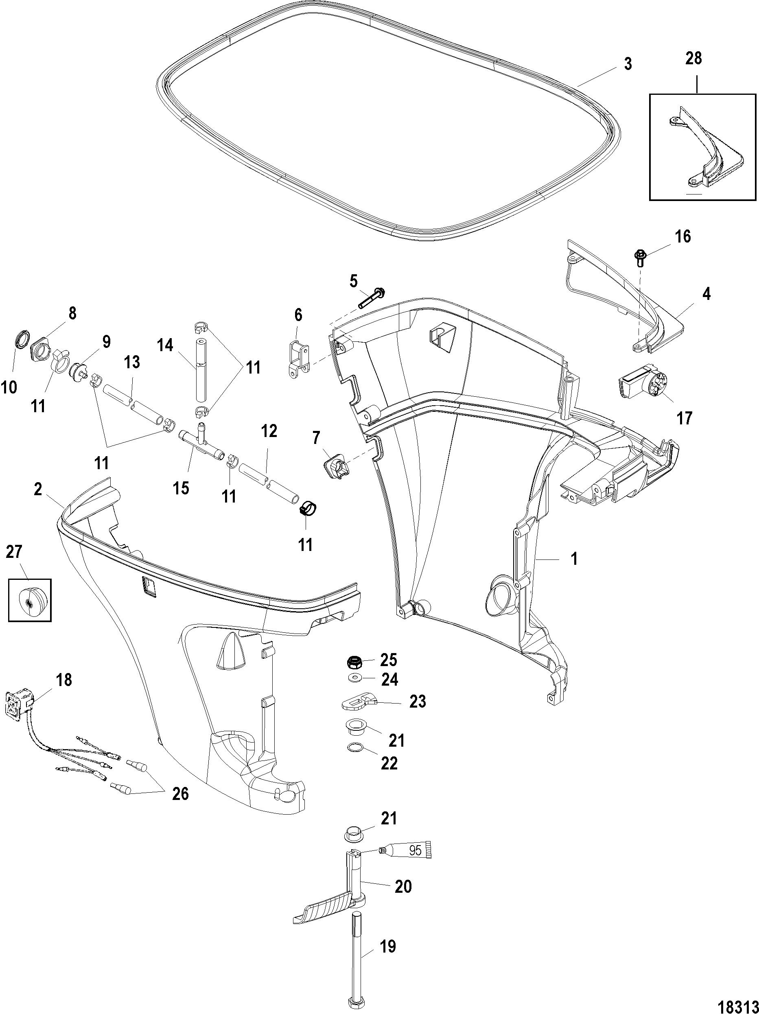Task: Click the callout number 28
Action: pyautogui.click(x=693, y=59)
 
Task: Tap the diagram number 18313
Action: pyautogui.click(x=732, y=1003)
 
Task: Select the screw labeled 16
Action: pyautogui.click(x=641, y=258)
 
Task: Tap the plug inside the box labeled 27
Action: pyautogui.click(x=30, y=600)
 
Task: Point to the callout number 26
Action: pyautogui.click(x=180, y=793)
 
